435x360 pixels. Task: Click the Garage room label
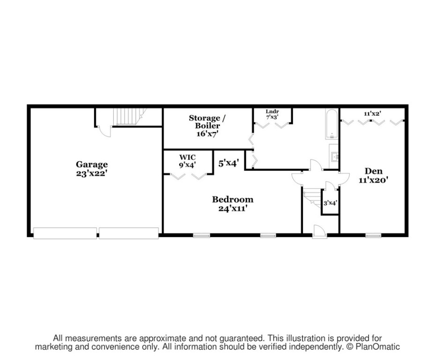(x=92, y=165)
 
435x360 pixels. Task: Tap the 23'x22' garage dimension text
(x=92, y=173)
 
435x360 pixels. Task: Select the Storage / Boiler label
(x=207, y=122)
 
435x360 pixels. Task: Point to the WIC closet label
(x=188, y=157)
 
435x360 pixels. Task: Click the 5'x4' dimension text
(x=229, y=163)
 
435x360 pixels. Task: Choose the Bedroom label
(x=233, y=199)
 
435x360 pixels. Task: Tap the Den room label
(x=373, y=171)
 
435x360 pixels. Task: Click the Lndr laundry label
(x=272, y=112)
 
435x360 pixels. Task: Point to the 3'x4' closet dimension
(x=330, y=203)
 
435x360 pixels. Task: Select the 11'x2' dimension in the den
(x=372, y=113)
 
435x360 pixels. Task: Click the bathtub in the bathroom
(x=332, y=124)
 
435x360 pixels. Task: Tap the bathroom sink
(x=334, y=157)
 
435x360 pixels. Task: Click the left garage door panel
(x=65, y=233)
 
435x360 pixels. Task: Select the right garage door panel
(x=129, y=233)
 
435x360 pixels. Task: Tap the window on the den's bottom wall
(x=374, y=236)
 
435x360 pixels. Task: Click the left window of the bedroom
(x=202, y=236)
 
